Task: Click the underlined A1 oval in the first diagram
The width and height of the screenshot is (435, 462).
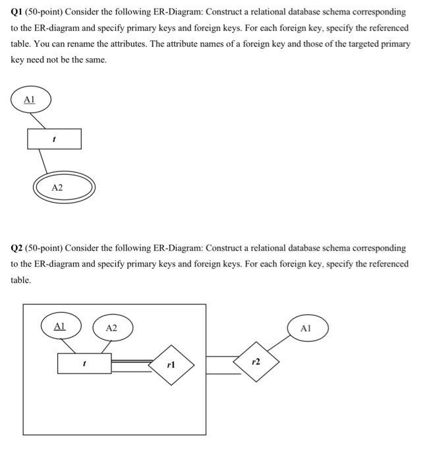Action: tap(28, 100)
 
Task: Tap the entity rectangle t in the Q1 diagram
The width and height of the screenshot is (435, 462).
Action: tap(54, 139)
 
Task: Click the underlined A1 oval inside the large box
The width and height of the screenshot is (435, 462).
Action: tap(60, 326)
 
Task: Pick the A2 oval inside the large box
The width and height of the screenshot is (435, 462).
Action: tap(111, 328)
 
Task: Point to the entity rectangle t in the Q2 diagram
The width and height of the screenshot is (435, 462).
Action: tap(84, 364)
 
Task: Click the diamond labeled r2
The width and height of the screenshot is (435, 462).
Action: tap(256, 362)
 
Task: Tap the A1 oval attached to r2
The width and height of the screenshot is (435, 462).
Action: tap(304, 328)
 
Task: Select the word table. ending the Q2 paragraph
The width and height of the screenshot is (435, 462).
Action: tap(21, 279)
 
